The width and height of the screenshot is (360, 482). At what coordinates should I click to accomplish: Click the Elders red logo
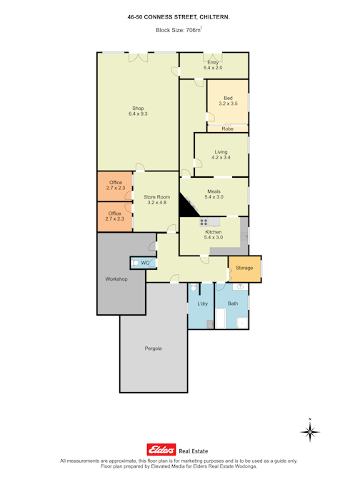161,450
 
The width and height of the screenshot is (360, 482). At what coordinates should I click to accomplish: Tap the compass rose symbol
310,431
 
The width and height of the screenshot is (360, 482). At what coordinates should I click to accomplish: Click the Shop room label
138,111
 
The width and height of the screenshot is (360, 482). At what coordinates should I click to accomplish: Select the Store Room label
157,200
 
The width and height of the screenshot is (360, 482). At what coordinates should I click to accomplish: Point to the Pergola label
153,348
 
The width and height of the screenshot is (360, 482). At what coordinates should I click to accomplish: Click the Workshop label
116,279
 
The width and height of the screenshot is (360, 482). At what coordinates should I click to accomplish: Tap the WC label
145,263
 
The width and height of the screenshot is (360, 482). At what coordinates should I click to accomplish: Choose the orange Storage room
245,269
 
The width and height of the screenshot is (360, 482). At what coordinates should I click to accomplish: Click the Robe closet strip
228,129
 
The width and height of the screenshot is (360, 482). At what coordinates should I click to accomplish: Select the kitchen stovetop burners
204,221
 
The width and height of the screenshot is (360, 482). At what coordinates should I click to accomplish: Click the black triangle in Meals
187,206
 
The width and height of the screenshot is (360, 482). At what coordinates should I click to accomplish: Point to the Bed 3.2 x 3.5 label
228,101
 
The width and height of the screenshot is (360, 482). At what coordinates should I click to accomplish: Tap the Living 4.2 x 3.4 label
221,155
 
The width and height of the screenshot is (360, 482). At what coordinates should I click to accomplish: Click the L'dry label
203,303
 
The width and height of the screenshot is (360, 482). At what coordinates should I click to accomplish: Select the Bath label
233,303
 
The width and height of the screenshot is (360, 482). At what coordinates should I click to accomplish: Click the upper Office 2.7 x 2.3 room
115,186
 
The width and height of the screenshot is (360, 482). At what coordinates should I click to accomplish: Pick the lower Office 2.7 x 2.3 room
115,216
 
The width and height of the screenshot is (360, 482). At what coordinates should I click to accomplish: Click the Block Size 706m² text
179,30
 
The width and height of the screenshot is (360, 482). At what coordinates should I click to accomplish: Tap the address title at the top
179,17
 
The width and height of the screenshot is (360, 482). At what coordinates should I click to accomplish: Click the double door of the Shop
139,57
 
